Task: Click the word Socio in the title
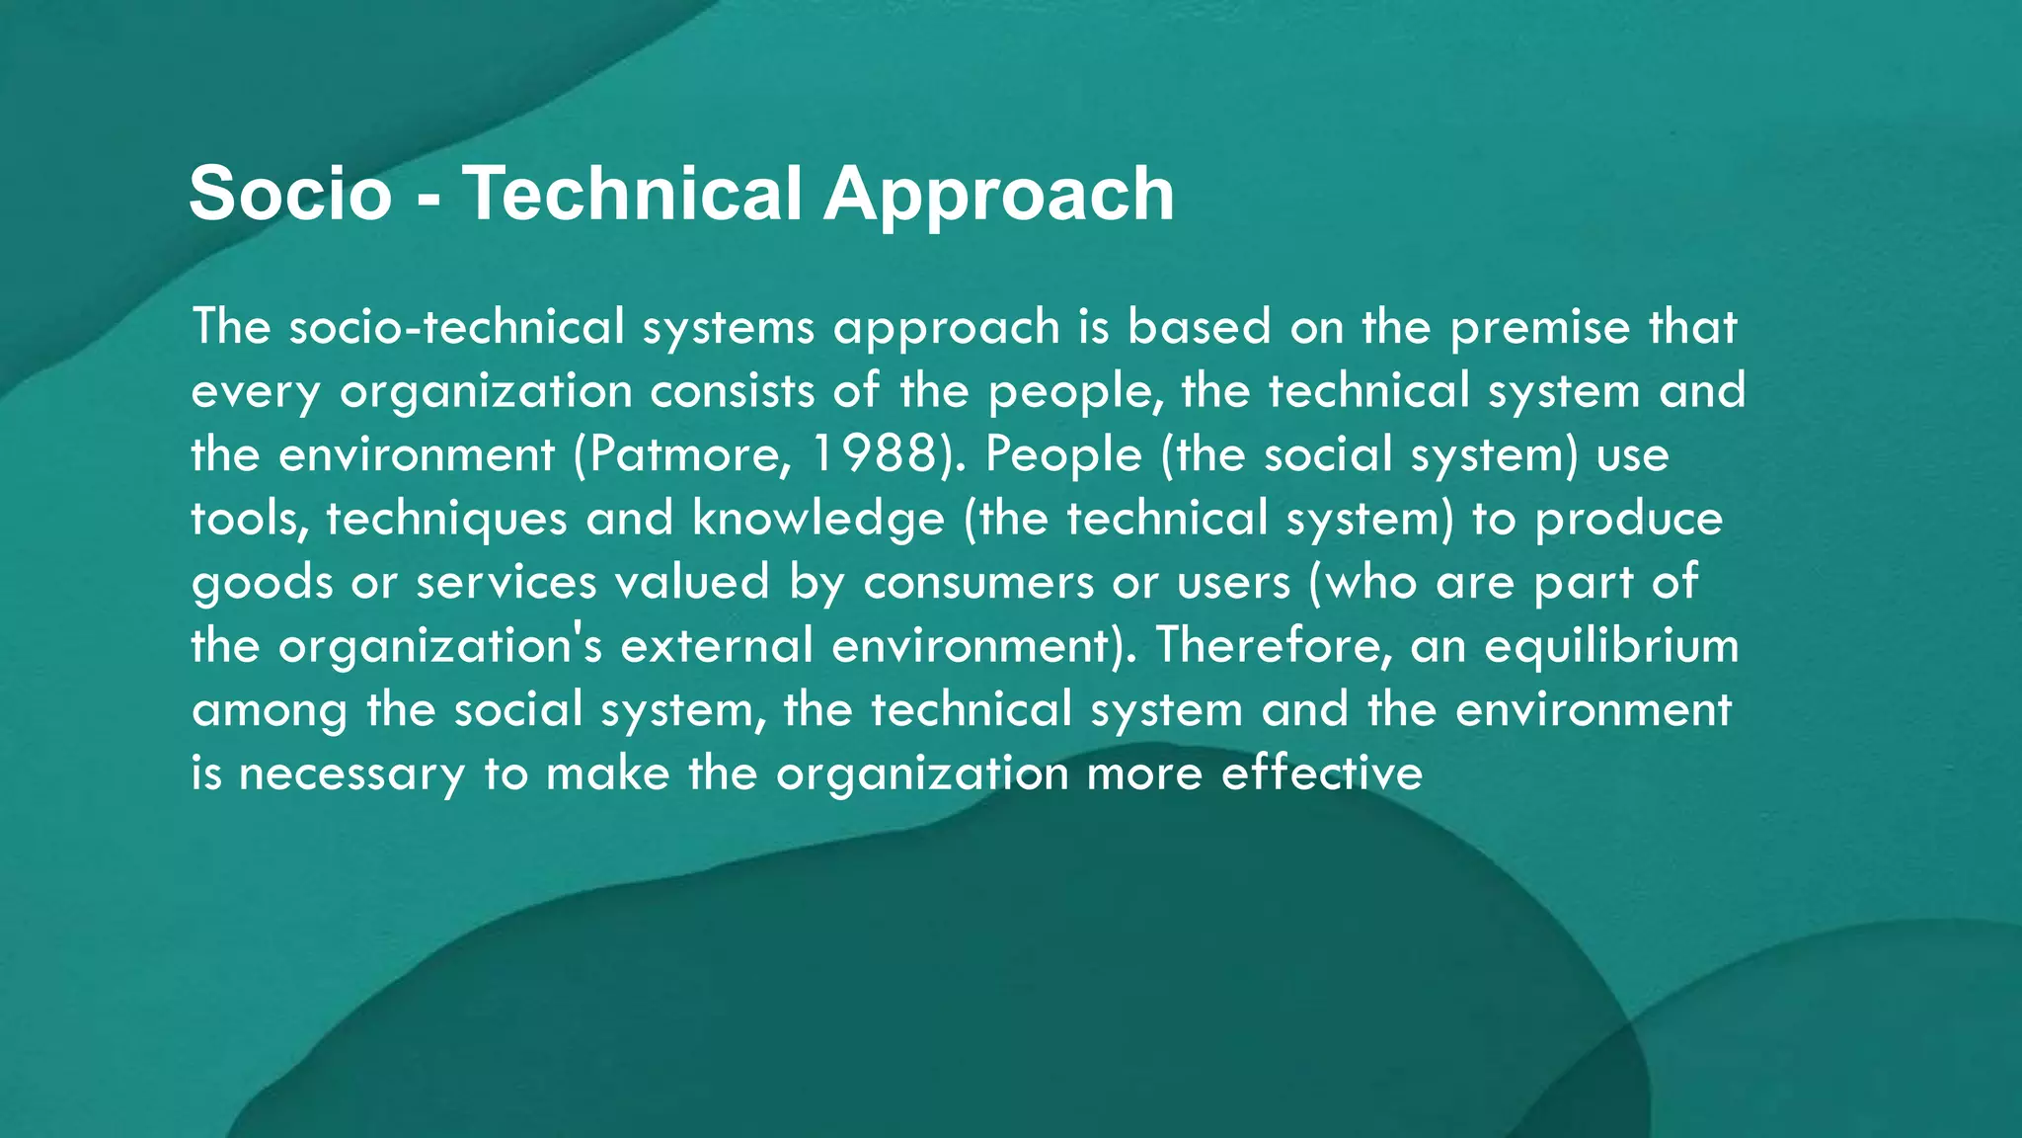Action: point(290,194)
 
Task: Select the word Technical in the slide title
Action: point(632,194)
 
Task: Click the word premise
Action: point(1539,328)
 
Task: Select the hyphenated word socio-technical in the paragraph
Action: point(457,328)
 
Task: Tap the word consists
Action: point(732,391)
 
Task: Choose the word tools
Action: point(250,520)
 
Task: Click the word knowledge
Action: point(818,520)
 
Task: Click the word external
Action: point(717,646)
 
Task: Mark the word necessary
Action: point(351,774)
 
